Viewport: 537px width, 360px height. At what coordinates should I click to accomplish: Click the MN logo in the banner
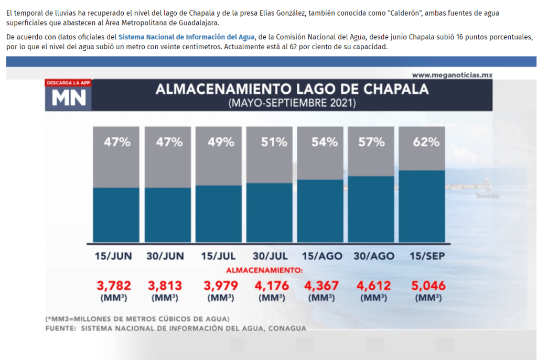click(68, 97)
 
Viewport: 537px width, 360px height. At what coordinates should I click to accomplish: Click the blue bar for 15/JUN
click(116, 215)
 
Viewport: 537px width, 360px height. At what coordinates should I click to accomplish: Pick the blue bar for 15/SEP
click(422, 206)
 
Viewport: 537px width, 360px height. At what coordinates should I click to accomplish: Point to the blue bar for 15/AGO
click(321, 211)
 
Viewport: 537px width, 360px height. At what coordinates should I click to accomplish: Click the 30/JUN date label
click(166, 256)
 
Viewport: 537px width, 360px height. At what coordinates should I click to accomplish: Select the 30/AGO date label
click(374, 256)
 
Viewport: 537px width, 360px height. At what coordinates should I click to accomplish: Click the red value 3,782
click(114, 286)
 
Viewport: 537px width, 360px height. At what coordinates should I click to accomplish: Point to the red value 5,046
click(428, 286)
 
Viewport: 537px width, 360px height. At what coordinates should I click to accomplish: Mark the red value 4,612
click(374, 286)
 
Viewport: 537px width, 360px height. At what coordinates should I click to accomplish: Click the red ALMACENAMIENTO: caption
click(265, 270)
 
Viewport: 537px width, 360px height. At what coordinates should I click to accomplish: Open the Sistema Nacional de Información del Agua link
click(186, 37)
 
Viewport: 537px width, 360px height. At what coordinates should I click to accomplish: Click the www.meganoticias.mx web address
click(452, 75)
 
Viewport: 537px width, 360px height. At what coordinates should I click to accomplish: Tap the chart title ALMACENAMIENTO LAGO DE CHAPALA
click(292, 89)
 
